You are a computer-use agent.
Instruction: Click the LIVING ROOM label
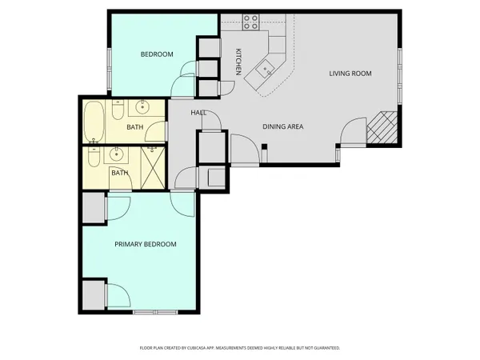(x=350, y=74)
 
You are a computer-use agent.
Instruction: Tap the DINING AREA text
(x=283, y=126)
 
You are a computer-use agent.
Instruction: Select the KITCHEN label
(x=238, y=62)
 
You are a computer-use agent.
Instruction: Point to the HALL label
(x=199, y=113)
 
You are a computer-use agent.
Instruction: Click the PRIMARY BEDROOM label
(x=145, y=244)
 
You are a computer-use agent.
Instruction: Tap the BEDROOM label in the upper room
(x=157, y=54)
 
